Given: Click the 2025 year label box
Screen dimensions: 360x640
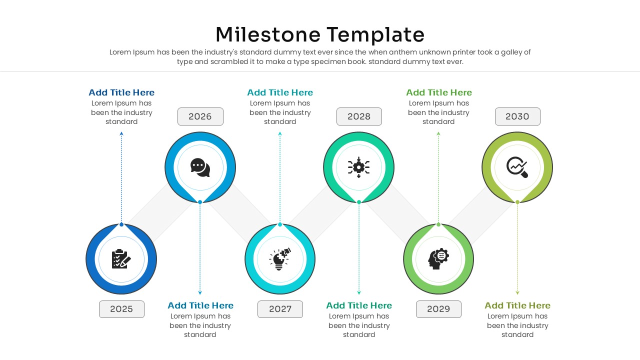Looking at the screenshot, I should pos(121,309).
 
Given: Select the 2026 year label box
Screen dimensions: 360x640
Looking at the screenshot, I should pos(200,116).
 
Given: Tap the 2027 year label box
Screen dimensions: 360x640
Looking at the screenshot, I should pos(280,309).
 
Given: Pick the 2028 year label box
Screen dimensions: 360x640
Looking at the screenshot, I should pos(359,116).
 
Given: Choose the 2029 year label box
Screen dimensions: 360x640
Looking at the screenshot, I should pos(438,309).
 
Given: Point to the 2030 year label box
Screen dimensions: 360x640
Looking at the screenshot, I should pos(517,116).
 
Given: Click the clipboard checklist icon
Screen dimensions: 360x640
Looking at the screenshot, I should pos(121,259).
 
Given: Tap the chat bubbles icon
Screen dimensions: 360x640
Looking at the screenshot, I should pos(200,167).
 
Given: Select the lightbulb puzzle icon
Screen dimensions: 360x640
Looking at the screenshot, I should pos(280,259).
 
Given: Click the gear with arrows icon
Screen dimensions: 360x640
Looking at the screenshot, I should pos(359,167).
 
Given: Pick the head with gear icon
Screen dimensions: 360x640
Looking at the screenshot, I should pos(438,259).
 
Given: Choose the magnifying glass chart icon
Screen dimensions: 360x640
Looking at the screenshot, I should pos(517,167).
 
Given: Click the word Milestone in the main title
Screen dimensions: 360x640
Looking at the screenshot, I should pos(268,35).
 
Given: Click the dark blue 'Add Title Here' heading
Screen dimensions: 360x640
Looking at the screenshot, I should pos(121,92).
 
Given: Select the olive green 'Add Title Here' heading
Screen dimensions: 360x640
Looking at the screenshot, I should pos(517,305).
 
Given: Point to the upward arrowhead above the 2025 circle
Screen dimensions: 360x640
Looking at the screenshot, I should pos(121,133).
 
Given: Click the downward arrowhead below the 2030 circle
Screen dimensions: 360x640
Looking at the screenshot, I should pos(517,293).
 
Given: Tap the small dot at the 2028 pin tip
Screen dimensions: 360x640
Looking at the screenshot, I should pos(359,202).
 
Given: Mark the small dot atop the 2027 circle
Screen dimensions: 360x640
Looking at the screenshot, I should pos(280,224).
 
